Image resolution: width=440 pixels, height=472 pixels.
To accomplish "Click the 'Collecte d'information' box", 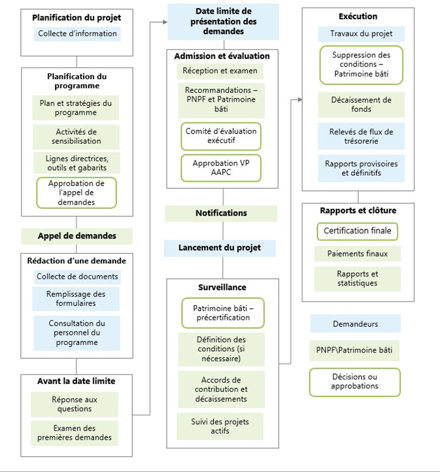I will point(77,34).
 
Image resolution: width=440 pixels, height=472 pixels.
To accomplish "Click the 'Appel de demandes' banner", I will point(77,236).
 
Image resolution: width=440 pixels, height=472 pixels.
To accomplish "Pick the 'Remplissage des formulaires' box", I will point(76,298).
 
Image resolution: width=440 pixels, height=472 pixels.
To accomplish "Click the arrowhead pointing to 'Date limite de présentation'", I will point(164,22).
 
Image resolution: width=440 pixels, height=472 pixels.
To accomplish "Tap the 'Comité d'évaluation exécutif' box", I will point(221,136).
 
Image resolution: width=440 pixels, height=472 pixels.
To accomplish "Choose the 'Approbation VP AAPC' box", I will point(221,168).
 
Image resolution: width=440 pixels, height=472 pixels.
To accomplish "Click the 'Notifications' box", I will point(221,213).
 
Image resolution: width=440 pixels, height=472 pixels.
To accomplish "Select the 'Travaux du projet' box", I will point(361,34).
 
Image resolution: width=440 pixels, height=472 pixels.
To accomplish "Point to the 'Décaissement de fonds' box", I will point(361,105).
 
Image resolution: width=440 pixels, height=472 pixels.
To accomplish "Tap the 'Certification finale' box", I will point(357,231).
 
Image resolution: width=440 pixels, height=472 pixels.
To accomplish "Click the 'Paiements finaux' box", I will point(357,254).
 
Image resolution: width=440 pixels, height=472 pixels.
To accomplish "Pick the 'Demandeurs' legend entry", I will point(355,324).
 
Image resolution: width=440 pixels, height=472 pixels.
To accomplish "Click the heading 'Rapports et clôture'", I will point(359,211).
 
